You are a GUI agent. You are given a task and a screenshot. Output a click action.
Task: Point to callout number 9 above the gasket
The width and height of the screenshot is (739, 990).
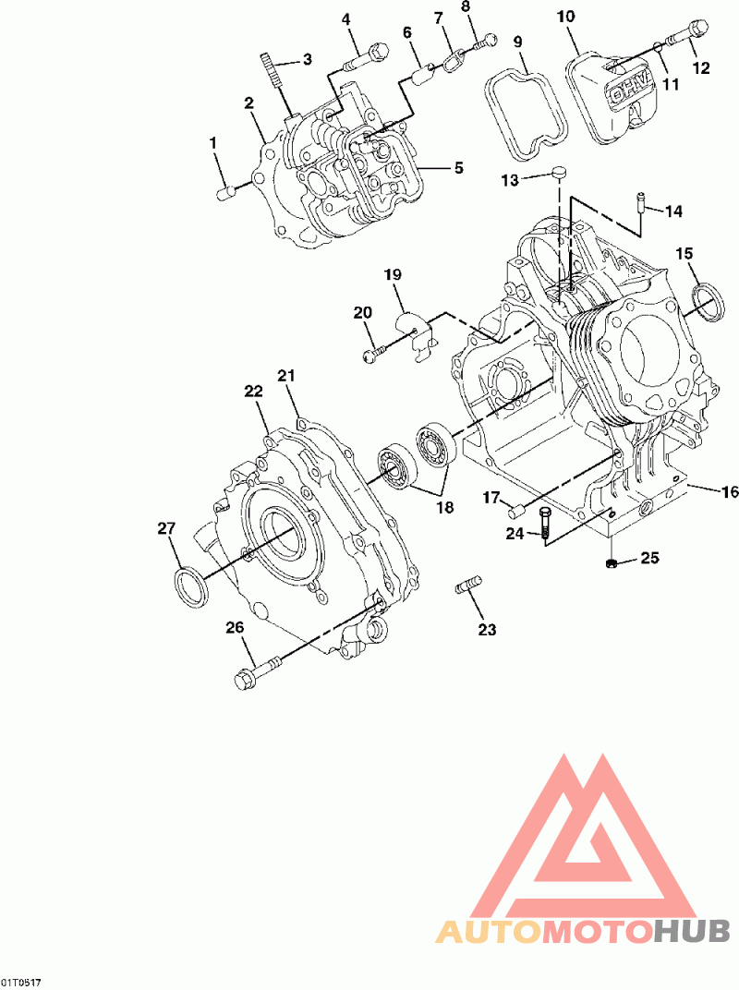tap(517, 42)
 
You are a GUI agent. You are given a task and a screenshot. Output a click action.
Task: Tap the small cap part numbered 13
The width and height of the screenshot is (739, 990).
tap(558, 171)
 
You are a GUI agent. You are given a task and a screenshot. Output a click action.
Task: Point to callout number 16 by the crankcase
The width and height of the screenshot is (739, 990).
tap(730, 492)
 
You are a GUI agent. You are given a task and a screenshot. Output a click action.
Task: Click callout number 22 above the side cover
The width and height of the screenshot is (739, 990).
tap(253, 392)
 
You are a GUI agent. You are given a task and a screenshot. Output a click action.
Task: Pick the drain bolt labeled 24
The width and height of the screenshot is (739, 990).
tap(544, 524)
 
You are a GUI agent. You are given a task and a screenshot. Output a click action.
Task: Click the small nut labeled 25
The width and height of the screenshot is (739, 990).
tap(610, 563)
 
